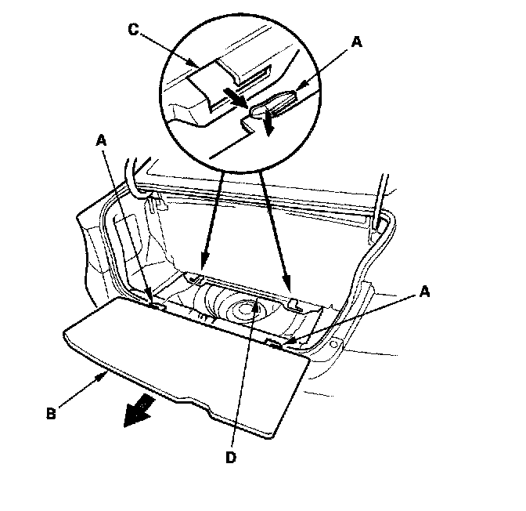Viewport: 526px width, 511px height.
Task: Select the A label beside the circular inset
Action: click(x=358, y=45)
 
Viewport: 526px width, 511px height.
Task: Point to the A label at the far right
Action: click(x=423, y=292)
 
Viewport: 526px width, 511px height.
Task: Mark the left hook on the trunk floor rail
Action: click(x=196, y=277)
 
